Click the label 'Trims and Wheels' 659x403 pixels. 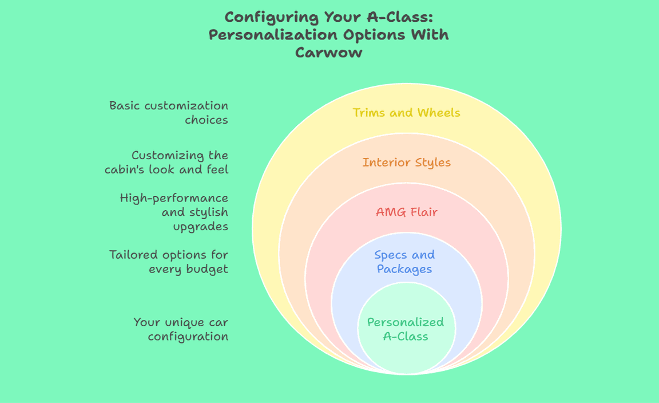406,112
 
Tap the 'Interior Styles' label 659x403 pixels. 406,163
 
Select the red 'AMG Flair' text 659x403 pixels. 406,212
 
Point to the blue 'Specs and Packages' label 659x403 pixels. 404,262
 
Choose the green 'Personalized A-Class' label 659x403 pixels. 405,329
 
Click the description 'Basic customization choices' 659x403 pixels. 169,113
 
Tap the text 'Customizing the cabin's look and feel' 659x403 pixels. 166,163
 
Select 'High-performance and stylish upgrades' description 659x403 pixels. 174,212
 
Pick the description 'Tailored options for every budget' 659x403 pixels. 169,262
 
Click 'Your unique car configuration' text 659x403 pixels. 181,329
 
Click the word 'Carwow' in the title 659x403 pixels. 328,53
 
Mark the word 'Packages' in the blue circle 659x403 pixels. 404,268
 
